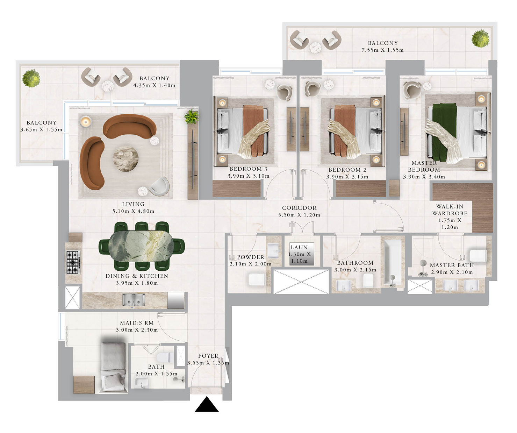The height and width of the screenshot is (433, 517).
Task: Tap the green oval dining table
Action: tap(141, 246)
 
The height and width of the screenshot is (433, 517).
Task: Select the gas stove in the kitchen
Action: tap(73, 262)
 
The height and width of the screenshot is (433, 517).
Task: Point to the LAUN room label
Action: tap(299, 247)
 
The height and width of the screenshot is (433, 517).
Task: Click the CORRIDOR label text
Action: tap(299, 208)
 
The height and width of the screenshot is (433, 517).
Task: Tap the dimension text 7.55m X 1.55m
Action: tap(382, 50)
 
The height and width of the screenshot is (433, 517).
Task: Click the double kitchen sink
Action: tap(134, 299)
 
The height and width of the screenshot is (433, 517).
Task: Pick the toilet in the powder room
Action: tap(257, 279)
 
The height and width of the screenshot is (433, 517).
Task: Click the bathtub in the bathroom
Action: tap(393, 262)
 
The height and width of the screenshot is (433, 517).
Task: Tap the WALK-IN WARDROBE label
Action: tap(450, 210)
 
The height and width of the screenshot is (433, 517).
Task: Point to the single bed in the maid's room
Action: tap(113, 367)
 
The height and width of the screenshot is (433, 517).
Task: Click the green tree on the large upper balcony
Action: tap(480, 38)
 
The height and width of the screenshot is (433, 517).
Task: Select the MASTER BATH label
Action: tap(452, 265)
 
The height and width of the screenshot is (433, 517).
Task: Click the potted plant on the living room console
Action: tap(192, 117)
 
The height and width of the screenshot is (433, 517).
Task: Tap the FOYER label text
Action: tap(208, 356)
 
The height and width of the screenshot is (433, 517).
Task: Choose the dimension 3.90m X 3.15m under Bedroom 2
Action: tap(347, 177)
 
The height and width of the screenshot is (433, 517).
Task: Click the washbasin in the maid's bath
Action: tap(141, 383)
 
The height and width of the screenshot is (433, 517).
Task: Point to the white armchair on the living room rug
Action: tap(160, 186)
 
